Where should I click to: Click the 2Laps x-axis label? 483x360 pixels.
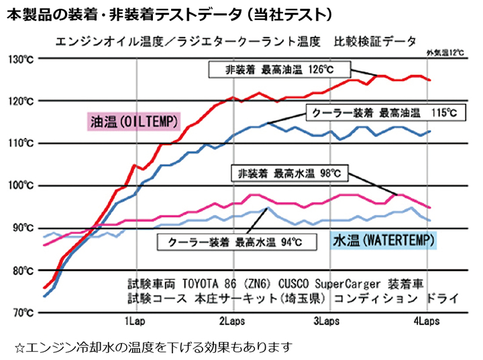click(x=232, y=320)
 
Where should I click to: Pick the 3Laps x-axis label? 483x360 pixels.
click(x=327, y=320)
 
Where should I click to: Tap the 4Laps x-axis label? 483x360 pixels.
click(x=423, y=320)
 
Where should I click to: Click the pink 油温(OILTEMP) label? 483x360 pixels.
click(x=134, y=121)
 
